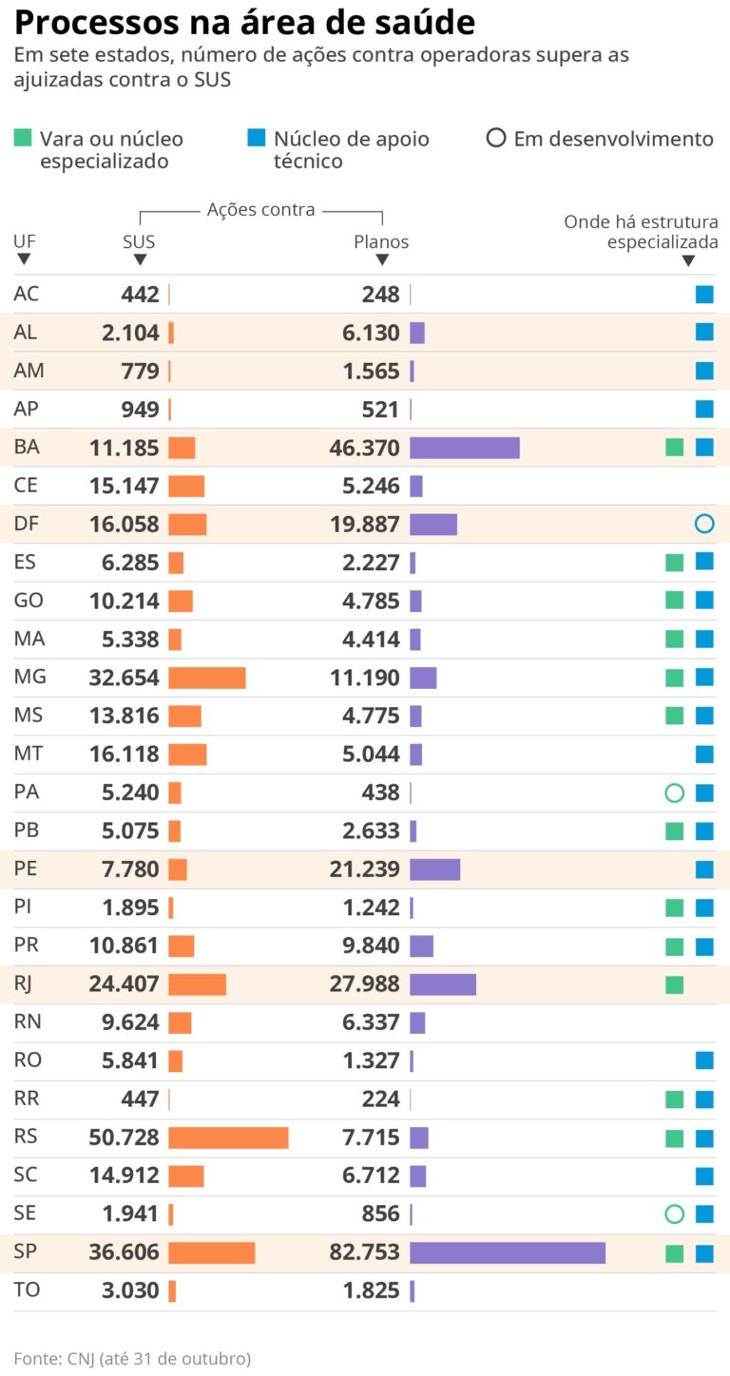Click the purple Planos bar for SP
(x=508, y=1253)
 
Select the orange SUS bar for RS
(x=228, y=1137)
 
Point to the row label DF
(x=25, y=524)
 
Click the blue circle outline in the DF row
(x=703, y=524)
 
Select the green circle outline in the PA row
(x=675, y=793)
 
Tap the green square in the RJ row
(x=675, y=984)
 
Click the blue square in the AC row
(x=703, y=295)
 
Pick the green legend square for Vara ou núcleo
(x=23, y=139)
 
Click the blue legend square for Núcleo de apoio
(x=256, y=139)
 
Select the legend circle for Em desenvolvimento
(x=495, y=139)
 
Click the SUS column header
(x=139, y=242)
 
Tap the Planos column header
(x=381, y=242)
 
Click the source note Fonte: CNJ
(x=132, y=1359)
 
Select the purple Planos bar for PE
(x=434, y=870)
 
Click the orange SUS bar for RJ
(x=198, y=984)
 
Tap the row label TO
(x=26, y=1290)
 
